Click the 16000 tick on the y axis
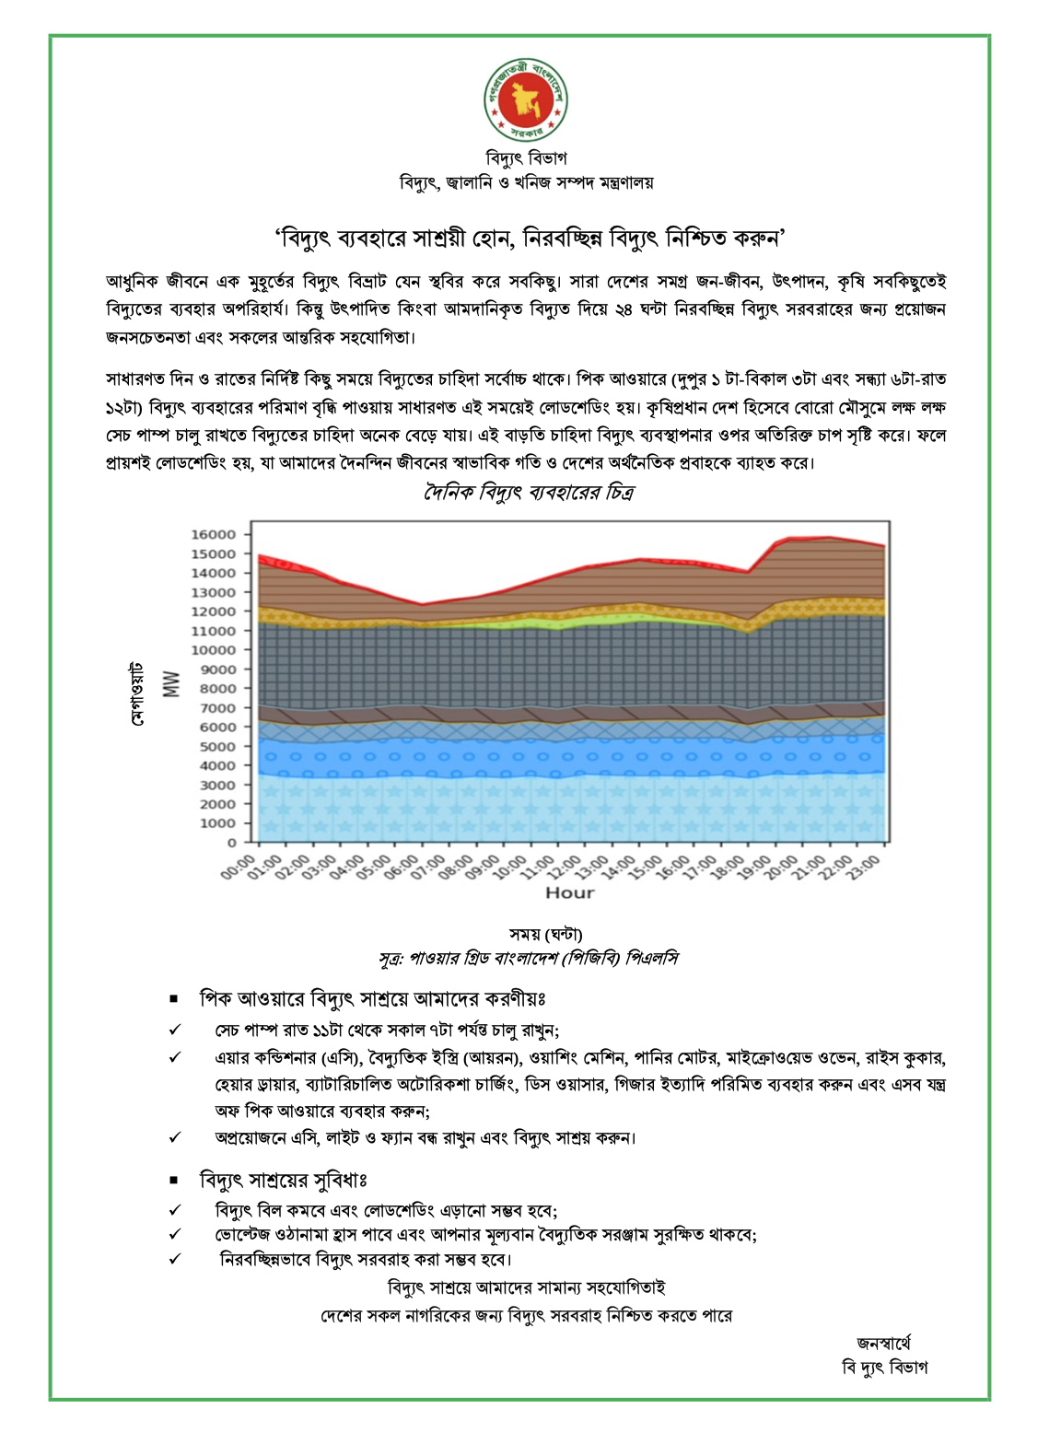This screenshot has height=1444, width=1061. [214, 535]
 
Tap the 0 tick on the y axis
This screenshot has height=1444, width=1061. [232, 843]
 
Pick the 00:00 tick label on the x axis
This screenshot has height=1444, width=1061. [238, 868]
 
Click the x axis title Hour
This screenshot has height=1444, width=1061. [570, 892]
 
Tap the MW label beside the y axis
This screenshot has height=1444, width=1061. [171, 683]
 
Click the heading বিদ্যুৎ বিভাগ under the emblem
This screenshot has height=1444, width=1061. [526, 158]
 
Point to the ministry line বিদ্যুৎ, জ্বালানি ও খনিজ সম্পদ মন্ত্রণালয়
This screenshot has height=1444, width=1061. [526, 182]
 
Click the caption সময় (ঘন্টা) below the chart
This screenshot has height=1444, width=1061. [545, 935]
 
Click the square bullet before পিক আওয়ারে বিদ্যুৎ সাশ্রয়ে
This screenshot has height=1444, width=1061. [174, 999]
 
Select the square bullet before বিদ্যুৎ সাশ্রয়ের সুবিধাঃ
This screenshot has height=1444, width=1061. [174, 1181]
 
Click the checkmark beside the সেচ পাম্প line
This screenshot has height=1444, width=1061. [175, 1030]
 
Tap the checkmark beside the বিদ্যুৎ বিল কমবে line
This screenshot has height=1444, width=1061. [175, 1210]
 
